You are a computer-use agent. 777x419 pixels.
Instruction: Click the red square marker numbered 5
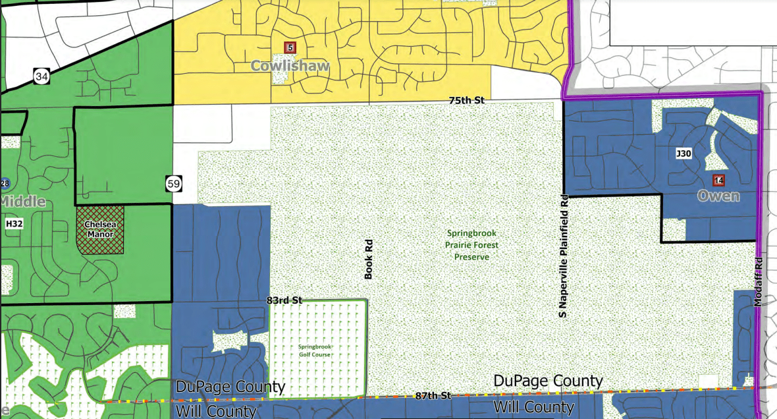click(290, 47)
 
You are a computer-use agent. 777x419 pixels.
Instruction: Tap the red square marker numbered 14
click(718, 180)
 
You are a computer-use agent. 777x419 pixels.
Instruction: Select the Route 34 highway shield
click(41, 76)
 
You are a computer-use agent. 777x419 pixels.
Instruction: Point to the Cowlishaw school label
click(290, 67)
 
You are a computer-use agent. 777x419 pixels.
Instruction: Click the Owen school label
click(718, 196)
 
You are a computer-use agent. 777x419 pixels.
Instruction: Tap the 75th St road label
click(466, 100)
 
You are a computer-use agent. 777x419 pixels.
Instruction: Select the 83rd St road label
click(284, 300)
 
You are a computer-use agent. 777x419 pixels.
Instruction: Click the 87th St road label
click(433, 396)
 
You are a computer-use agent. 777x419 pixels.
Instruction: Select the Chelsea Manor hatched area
click(100, 229)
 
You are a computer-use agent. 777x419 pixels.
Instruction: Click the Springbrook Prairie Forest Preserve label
click(471, 245)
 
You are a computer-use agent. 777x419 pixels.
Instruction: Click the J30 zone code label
click(683, 154)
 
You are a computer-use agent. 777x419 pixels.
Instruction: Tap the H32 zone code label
click(14, 225)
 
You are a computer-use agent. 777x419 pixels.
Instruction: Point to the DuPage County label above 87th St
click(548, 381)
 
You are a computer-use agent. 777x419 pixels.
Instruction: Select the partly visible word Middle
click(22, 202)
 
